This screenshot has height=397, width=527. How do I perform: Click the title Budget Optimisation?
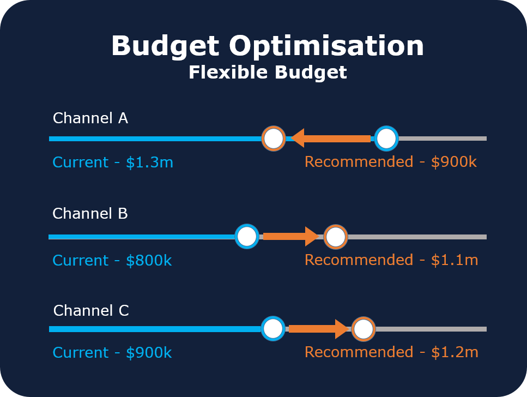click(268, 46)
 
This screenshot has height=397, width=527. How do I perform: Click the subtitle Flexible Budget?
click(268, 73)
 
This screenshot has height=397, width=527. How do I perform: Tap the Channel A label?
click(90, 118)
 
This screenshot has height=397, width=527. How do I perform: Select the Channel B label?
click(90, 214)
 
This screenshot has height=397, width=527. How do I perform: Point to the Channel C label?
click(91, 311)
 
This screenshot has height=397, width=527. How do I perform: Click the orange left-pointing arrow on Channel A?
click(330, 139)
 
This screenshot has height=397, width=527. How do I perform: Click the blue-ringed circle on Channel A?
click(386, 139)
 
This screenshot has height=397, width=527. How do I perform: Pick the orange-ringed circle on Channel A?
click(274, 139)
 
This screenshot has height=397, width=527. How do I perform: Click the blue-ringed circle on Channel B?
click(247, 236)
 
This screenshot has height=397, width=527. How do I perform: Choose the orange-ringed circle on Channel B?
click(336, 237)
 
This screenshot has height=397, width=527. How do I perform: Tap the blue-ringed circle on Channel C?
click(273, 329)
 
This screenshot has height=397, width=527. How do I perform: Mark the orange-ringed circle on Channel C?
click(363, 329)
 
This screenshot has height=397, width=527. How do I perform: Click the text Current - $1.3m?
click(113, 163)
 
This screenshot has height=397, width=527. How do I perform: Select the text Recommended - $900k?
click(391, 162)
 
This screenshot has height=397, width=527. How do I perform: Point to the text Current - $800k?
click(112, 261)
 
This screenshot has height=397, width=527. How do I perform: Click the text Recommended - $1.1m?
click(391, 260)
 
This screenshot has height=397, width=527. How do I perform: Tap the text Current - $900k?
click(112, 353)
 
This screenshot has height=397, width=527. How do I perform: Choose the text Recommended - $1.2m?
click(391, 352)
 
